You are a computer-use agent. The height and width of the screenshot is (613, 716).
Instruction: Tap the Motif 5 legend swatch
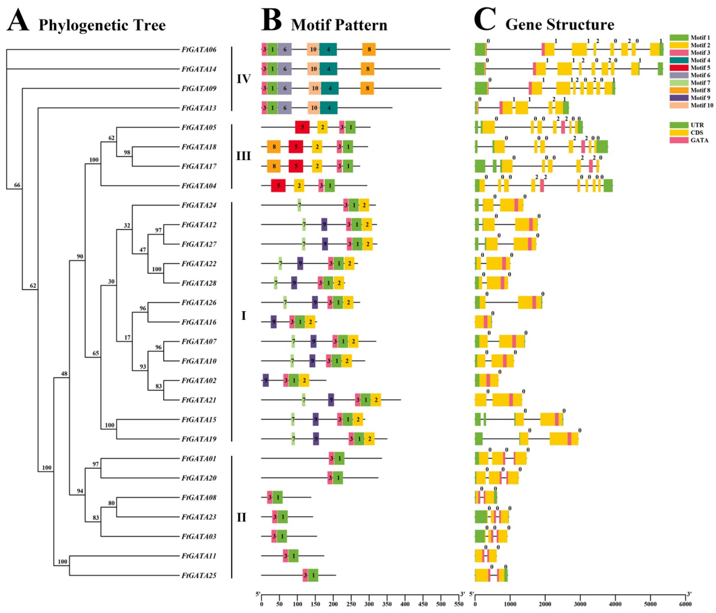pos(679,68)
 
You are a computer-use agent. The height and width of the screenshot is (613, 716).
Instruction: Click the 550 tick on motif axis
pos(458,604)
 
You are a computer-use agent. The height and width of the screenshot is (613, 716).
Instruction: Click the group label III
pos(243,156)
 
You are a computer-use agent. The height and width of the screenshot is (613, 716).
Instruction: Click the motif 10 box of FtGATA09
pos(315,88)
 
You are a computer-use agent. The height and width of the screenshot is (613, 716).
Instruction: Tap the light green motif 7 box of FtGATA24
pos(299,205)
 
